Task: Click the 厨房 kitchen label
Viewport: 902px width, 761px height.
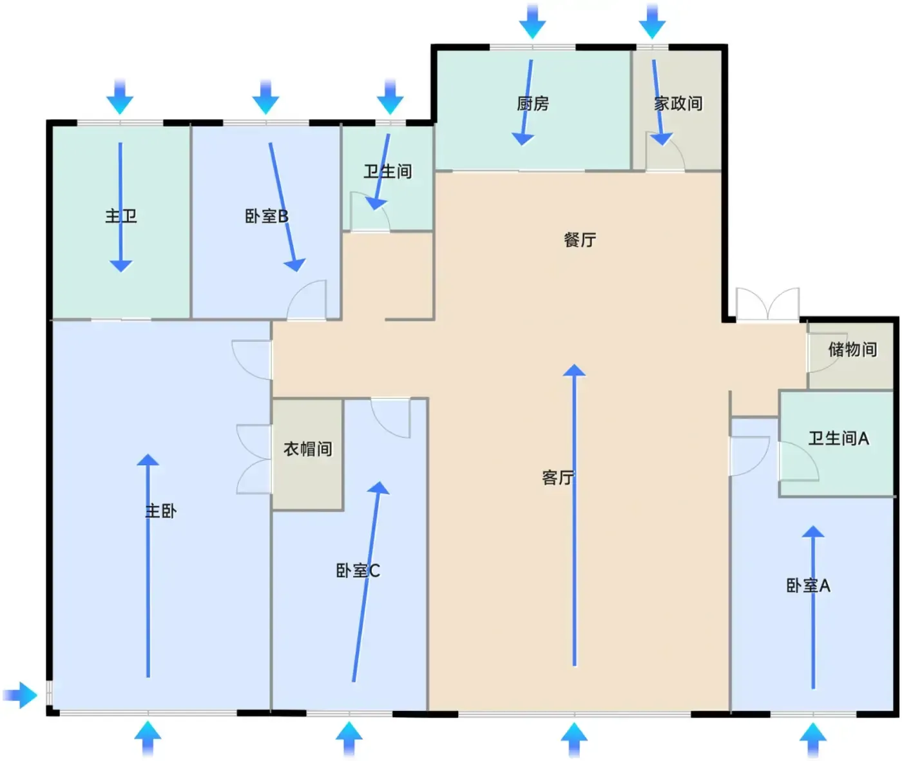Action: pyautogui.click(x=533, y=104)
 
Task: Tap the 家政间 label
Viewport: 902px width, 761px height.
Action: pyautogui.click(x=678, y=104)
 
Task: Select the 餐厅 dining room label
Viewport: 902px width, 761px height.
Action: pyautogui.click(x=580, y=240)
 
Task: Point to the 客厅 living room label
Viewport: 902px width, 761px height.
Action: pyautogui.click(x=558, y=477)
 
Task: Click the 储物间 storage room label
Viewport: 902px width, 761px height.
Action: pyautogui.click(x=853, y=349)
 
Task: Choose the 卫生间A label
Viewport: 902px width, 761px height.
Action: pyautogui.click(x=838, y=439)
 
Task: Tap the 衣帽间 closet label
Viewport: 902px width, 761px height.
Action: pyautogui.click(x=308, y=449)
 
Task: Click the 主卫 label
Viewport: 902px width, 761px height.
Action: pyautogui.click(x=121, y=216)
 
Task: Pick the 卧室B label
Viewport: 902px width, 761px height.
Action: pyautogui.click(x=267, y=216)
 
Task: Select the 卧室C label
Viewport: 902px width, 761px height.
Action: pyautogui.click(x=358, y=571)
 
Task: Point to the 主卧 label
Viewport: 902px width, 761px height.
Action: pyautogui.click(x=160, y=511)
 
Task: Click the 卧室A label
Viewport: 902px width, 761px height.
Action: pyautogui.click(x=809, y=586)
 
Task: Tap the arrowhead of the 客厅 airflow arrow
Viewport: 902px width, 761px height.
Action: pyautogui.click(x=574, y=371)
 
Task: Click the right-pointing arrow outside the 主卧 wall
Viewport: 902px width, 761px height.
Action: pyautogui.click(x=20, y=695)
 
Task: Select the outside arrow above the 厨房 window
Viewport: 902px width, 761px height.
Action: pyautogui.click(x=532, y=22)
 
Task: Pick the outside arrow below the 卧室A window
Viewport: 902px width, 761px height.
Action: pyautogui.click(x=813, y=739)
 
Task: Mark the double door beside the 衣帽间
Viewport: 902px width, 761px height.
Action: pyautogui.click(x=254, y=459)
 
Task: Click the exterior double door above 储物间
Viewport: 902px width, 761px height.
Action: pyautogui.click(x=767, y=303)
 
